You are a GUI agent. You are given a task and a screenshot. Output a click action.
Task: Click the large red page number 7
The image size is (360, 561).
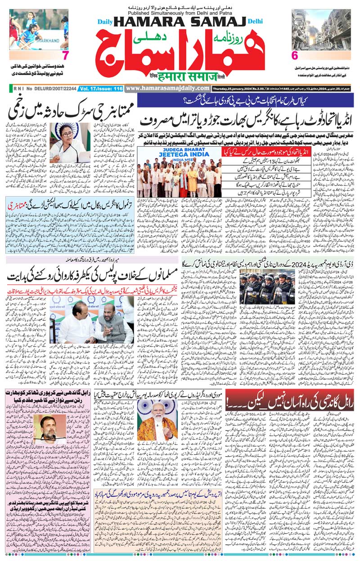(x=65, y=56)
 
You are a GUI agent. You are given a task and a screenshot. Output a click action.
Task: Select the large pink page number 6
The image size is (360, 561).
(x=295, y=56)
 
